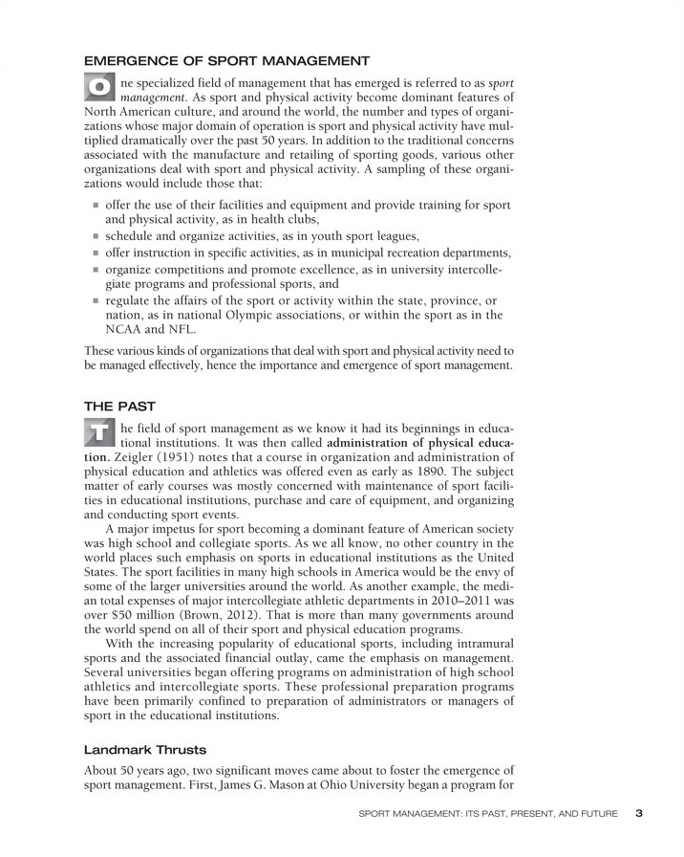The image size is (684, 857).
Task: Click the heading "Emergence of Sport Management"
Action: pyautogui.click(x=227, y=61)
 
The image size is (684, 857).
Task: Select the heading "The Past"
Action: pyautogui.click(x=118, y=406)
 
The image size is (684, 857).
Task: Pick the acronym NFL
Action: pyautogui.click(x=179, y=329)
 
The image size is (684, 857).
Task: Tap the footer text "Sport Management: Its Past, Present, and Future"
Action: pyautogui.click(x=487, y=815)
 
